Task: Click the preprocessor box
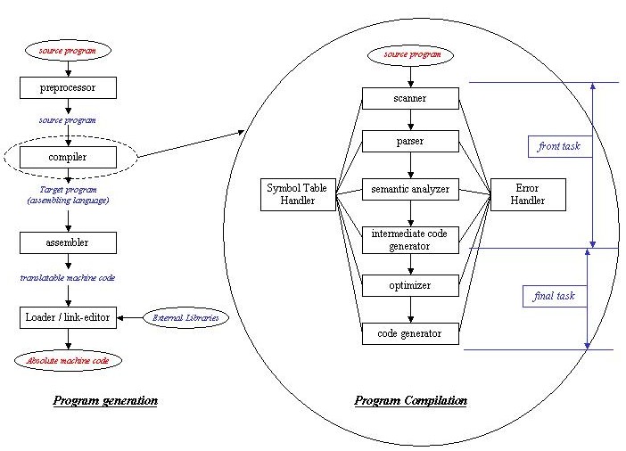tap(68, 88)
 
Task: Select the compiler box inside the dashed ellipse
tap(68, 157)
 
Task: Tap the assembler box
tap(68, 242)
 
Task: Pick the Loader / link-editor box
tap(68, 317)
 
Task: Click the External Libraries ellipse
tap(185, 318)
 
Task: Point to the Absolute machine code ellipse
tap(68, 361)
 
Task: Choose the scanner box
tap(410, 99)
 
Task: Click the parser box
tap(410, 142)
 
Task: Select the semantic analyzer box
tap(410, 189)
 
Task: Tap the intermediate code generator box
tap(410, 240)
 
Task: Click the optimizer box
tap(410, 285)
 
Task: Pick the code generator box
tap(410, 333)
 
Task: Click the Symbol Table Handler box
tap(298, 194)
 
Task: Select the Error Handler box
tap(528, 194)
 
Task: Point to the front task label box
tap(560, 146)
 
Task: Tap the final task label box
tap(555, 296)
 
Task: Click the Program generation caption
tap(105, 401)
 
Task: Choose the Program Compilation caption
tap(411, 401)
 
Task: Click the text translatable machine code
tap(68, 278)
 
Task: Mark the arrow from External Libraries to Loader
tap(130, 318)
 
